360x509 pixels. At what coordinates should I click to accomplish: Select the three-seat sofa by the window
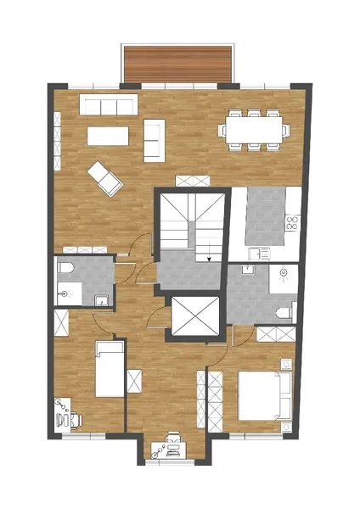click(x=108, y=105)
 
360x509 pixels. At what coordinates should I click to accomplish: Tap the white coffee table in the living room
click(x=108, y=136)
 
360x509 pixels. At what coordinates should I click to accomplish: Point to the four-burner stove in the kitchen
click(x=292, y=223)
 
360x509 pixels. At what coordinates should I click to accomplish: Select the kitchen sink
click(x=258, y=252)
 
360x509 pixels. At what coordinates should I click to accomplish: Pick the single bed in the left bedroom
click(x=110, y=368)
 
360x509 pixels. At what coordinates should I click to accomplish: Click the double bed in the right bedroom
click(x=264, y=394)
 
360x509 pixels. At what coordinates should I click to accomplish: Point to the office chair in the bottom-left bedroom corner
click(x=73, y=418)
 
